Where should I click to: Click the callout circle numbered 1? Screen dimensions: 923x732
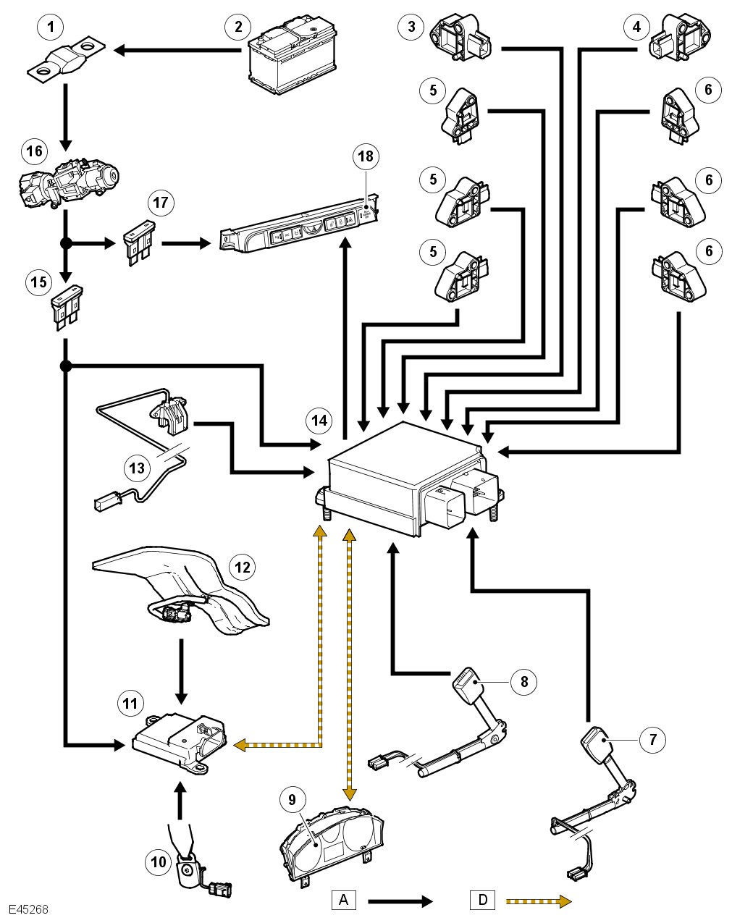50,28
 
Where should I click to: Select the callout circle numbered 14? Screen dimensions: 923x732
319,421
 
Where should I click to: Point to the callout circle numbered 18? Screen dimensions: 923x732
366,156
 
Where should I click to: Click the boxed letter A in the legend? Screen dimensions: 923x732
344,900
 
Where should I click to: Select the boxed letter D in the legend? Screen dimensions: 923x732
482,900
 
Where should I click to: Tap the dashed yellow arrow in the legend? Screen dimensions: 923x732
539,901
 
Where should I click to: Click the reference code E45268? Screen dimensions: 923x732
29,909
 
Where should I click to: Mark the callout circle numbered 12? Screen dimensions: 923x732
242,567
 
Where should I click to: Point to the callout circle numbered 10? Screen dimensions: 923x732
159,861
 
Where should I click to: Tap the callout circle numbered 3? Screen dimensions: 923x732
412,28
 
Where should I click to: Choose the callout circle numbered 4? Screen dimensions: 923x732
636,28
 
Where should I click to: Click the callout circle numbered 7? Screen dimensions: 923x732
653,739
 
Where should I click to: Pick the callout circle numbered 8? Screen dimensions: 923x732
524,681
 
